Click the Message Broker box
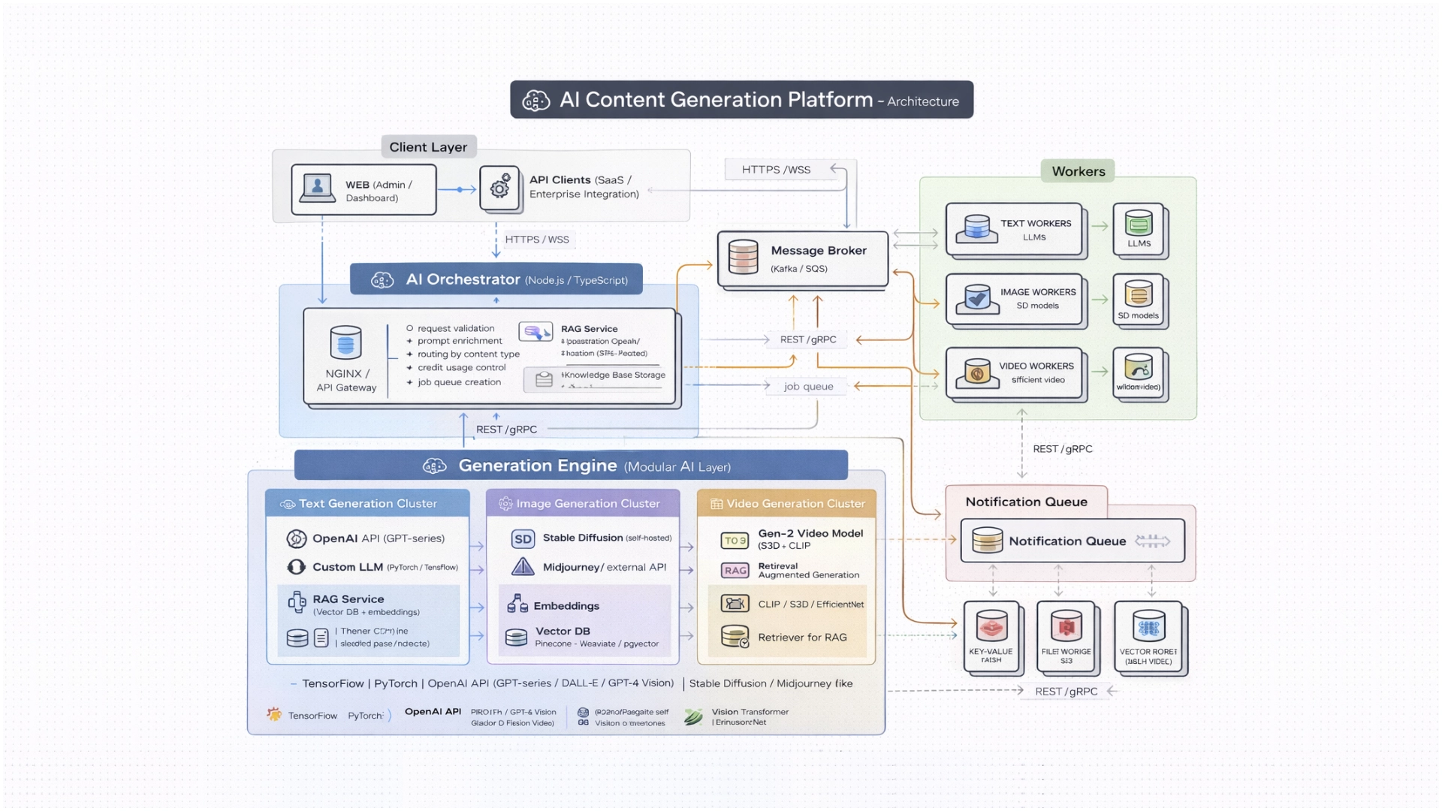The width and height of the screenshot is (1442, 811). pos(802,259)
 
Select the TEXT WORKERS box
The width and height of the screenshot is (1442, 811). pos(1014,229)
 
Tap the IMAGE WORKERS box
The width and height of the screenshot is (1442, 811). pos(1014,299)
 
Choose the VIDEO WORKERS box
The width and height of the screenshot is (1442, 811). pos(1014,372)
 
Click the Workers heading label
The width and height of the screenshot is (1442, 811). pos(1078,171)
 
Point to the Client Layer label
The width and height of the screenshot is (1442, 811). pos(428,147)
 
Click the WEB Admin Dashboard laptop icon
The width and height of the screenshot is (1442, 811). pos(318,188)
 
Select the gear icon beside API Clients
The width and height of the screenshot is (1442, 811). pos(500,188)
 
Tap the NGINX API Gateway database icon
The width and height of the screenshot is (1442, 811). pos(345,343)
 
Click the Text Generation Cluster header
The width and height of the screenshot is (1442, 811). pos(367,503)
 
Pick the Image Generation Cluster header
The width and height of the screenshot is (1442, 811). pos(583,503)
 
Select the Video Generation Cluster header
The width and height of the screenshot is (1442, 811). pos(787,503)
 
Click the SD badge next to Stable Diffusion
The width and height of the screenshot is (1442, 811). pos(523,538)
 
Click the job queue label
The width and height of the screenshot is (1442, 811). pos(808,386)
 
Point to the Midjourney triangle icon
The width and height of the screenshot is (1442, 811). pos(523,567)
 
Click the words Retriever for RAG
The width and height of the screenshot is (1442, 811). pos(802,637)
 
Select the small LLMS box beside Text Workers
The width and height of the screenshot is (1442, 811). pos(1139,229)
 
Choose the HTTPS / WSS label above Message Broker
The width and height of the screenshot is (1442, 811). pos(776,170)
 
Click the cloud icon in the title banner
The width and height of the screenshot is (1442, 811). pos(536,101)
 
